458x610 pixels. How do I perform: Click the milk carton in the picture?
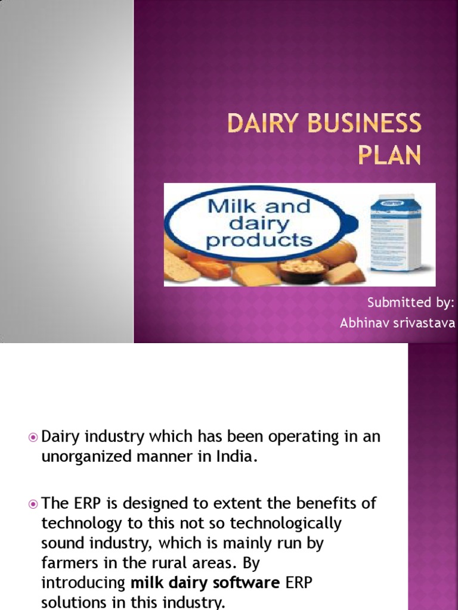[x=395, y=234]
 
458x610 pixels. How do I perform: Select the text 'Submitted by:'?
[x=410, y=303]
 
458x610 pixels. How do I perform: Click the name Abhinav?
[x=364, y=323]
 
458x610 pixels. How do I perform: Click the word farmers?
[x=68, y=563]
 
